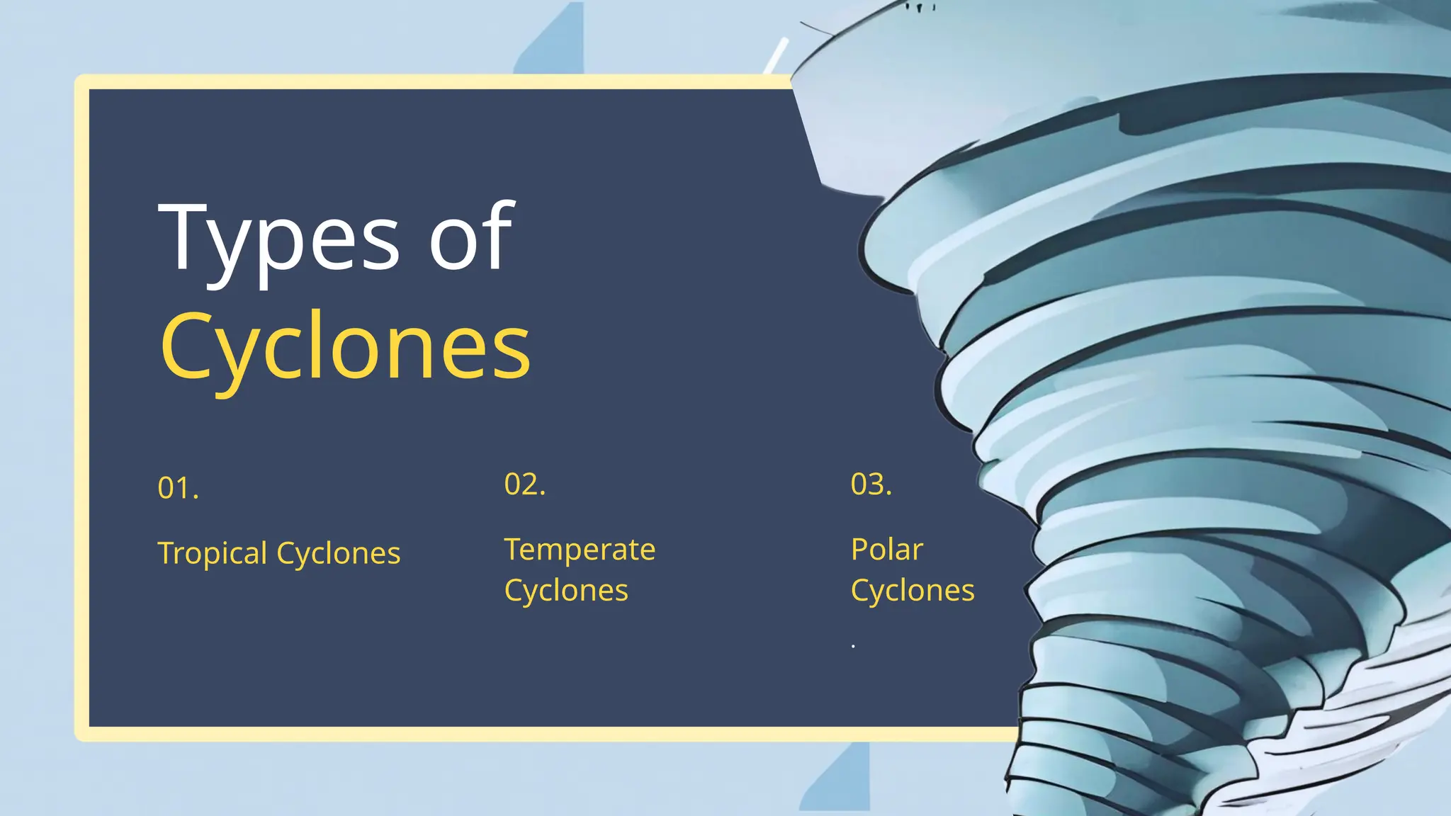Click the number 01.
(178, 488)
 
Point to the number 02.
(524, 484)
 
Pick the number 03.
(871, 484)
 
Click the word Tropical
(213, 553)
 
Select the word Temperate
(580, 550)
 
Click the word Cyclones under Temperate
(566, 591)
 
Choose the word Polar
(886, 550)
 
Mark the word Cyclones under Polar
(913, 591)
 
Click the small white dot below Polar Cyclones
(853, 646)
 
